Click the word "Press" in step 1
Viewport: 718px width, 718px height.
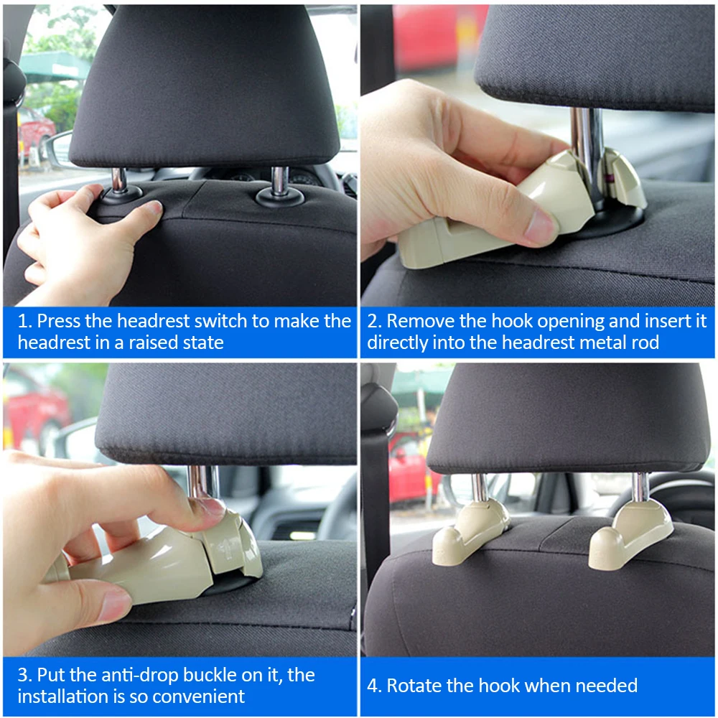pos(58,321)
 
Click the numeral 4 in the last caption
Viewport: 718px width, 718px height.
pos(372,686)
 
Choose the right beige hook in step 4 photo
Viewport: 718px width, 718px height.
pos(630,533)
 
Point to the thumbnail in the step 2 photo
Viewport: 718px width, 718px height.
pos(541,227)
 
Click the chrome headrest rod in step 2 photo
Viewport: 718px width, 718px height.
pos(587,151)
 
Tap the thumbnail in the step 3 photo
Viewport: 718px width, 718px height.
pos(113,605)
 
